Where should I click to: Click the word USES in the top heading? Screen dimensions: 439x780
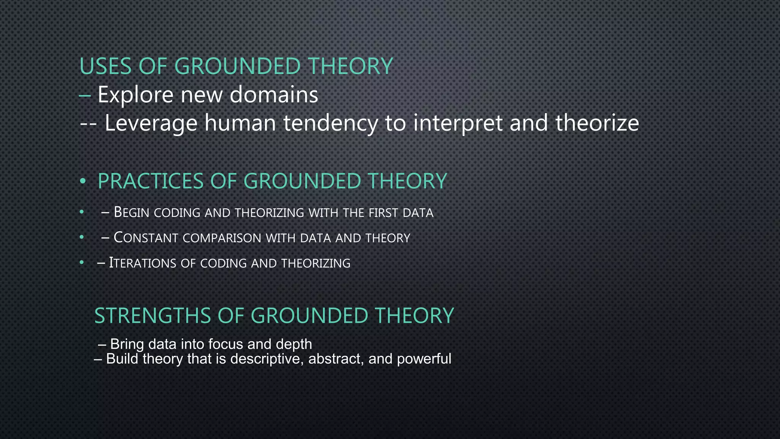(x=105, y=66)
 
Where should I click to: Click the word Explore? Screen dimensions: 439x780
(x=136, y=95)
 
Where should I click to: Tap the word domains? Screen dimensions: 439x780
(x=274, y=95)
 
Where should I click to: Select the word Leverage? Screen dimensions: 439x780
(x=151, y=123)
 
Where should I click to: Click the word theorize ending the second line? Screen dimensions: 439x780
(x=597, y=123)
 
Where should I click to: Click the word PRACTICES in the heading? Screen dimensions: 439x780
(x=151, y=181)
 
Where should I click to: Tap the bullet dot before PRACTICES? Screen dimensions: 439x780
(x=82, y=182)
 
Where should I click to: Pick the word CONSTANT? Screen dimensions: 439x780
(x=146, y=238)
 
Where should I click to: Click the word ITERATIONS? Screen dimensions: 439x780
(x=142, y=263)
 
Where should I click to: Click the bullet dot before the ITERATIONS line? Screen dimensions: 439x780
(x=82, y=263)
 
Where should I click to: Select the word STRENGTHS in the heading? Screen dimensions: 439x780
(x=152, y=316)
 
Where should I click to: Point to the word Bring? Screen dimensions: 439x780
(x=127, y=344)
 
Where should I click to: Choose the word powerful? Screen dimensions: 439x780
(x=424, y=359)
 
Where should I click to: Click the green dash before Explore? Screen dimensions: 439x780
(x=85, y=96)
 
